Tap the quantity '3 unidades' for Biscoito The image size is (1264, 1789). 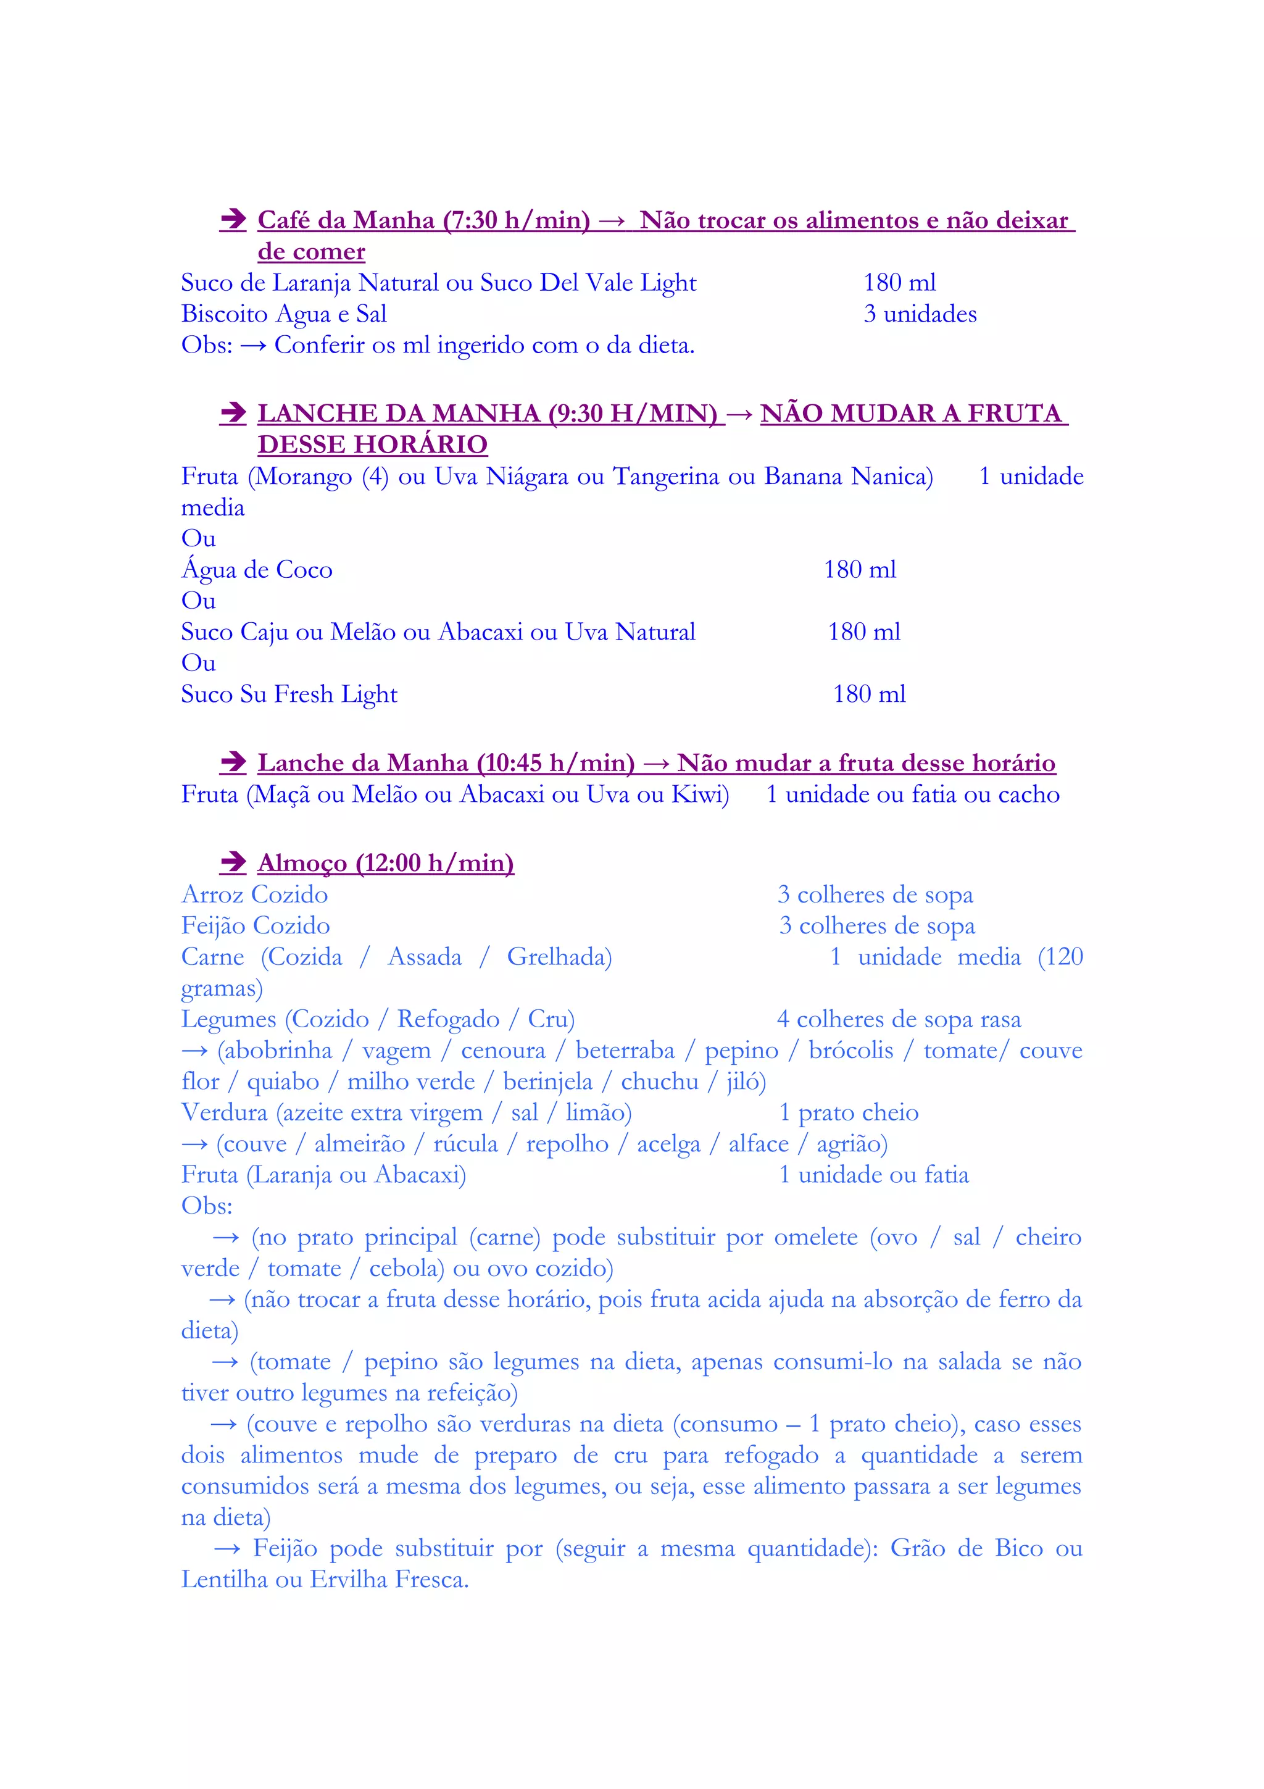920,314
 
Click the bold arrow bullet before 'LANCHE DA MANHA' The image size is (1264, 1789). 233,413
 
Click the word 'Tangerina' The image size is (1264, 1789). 667,476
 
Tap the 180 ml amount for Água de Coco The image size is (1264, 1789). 860,570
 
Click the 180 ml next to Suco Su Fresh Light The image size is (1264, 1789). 869,694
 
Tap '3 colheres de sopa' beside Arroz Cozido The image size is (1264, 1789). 875,894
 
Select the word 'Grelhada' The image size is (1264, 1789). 559,957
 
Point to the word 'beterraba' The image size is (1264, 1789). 625,1050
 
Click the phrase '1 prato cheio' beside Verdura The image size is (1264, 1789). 849,1112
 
